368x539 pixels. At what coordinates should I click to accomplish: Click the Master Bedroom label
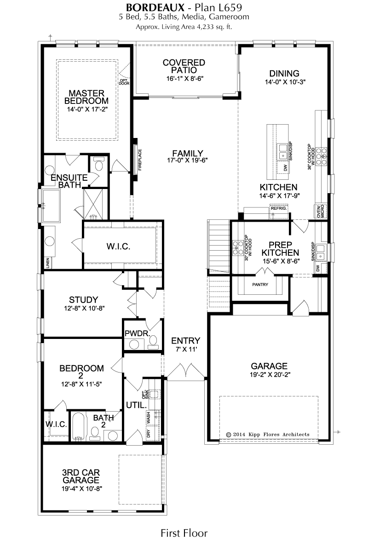coord(86,97)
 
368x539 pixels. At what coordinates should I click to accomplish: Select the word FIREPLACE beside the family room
coord(140,160)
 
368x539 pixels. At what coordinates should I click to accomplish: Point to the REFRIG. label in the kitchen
coord(278,208)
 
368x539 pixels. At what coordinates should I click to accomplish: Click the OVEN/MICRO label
coord(320,212)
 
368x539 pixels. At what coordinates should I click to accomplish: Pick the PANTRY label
coord(260,285)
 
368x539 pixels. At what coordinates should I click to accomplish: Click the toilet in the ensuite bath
coord(99,165)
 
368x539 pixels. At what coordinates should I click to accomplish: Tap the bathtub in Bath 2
coord(78,426)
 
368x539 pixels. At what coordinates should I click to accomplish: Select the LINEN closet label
coord(48,263)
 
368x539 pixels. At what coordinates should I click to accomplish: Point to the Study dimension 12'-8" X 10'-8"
coord(84,308)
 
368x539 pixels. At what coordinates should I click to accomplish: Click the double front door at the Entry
coord(186,372)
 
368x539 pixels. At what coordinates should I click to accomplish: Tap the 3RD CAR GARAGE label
coord(81,476)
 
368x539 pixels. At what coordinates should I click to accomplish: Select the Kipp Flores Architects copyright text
coord(268,435)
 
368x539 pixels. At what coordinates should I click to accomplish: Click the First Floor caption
coord(184,533)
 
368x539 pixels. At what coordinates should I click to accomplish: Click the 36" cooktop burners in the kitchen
coord(322,155)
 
